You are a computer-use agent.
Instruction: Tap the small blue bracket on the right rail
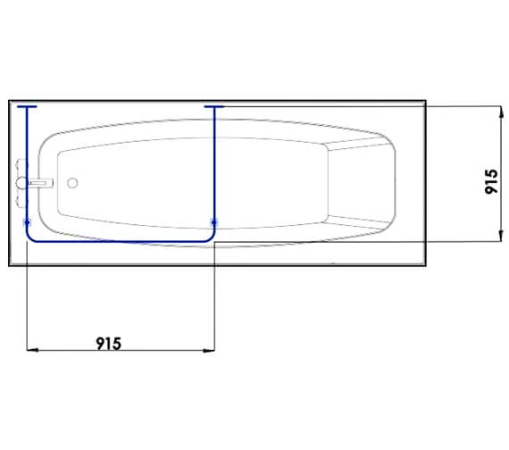click(x=213, y=221)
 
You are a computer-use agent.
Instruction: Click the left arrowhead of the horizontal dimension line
click(x=32, y=349)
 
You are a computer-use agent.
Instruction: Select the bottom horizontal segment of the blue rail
click(x=121, y=242)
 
